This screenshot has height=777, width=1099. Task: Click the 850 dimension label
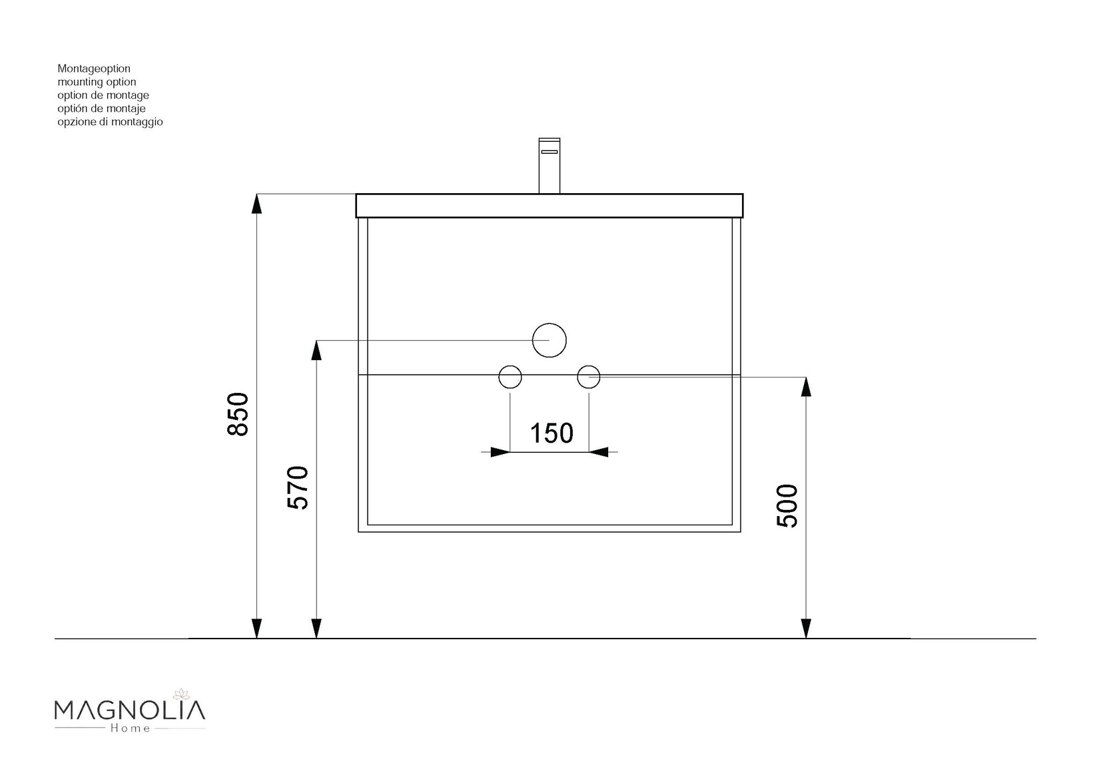238,414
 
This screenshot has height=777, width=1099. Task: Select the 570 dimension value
298,487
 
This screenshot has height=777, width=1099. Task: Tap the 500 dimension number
787,506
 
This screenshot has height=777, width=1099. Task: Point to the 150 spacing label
551,433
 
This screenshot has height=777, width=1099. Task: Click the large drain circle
549,340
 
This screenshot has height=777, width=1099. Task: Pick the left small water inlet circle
510,377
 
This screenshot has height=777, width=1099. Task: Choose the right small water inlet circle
589,377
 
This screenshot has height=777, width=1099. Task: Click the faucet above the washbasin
549,164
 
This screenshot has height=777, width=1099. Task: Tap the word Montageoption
94,69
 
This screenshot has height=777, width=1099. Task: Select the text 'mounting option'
97,82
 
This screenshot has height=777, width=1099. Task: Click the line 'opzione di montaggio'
110,122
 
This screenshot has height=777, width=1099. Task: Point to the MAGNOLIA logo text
129,710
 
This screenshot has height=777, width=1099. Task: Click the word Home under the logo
129,728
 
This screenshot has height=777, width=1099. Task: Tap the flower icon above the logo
180,694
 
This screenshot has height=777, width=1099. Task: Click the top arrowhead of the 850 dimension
256,203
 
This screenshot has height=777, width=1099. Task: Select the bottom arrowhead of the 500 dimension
806,629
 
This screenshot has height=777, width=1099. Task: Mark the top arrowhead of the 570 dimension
316,350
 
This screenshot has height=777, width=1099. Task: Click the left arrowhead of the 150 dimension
500,452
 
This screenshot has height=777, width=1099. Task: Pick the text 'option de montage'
103,95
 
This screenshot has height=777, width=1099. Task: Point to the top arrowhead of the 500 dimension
806,387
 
